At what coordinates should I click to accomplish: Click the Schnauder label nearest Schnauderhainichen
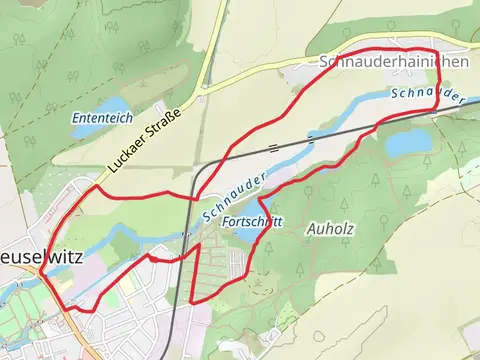[x=428, y=95]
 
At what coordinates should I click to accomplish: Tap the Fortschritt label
[x=253, y=220]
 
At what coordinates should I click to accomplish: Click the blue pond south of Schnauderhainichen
[x=407, y=144]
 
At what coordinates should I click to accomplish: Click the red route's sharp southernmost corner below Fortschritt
[x=191, y=302]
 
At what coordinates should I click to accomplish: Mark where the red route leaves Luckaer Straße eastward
[x=97, y=186]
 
